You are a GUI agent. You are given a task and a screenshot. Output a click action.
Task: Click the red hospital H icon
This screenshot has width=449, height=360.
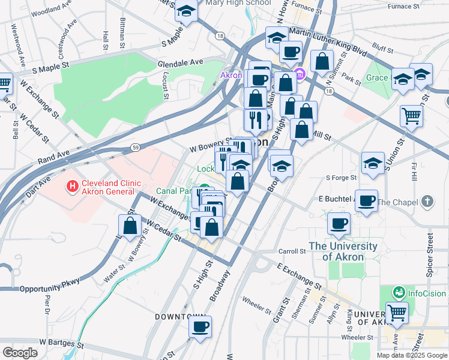coord(73,187)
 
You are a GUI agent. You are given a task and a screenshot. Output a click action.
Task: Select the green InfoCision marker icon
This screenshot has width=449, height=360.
coord(398,293)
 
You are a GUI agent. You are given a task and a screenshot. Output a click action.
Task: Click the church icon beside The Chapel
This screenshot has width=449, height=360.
coord(427,202)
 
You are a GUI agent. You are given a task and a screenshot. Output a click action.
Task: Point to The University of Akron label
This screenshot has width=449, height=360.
coord(343,251)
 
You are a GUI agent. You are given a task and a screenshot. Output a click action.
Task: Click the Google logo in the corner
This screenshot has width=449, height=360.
coord(20,353)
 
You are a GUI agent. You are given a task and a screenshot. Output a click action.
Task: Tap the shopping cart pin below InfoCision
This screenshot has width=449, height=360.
coord(397,312)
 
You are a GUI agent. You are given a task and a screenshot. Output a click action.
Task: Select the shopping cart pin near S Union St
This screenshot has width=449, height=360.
coord(411,115)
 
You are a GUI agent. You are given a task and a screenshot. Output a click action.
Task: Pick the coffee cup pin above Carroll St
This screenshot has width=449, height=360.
coord(339,223)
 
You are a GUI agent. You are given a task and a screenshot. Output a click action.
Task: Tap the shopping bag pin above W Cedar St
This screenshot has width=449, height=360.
coord(130,226)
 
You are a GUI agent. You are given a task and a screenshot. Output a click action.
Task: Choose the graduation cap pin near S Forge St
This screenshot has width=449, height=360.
coord(373,162)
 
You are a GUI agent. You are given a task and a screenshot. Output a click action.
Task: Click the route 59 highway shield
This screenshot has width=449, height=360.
coord(136,146)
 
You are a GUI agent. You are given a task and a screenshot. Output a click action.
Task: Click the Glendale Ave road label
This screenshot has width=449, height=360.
coord(180,62)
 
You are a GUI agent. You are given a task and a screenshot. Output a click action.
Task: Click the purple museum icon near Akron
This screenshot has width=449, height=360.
coord(301,75)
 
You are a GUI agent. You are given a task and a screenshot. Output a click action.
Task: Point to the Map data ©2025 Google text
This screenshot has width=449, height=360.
coord(411,355)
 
